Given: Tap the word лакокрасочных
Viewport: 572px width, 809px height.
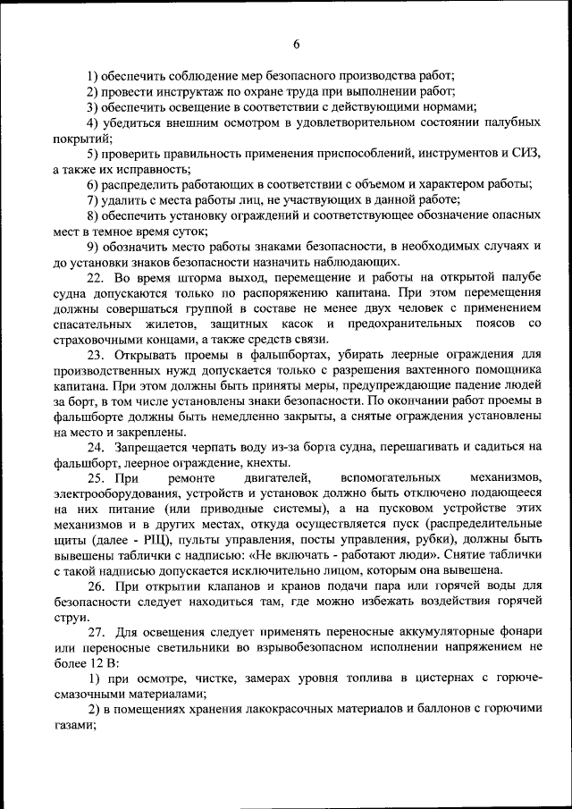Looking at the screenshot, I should point(264,708).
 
